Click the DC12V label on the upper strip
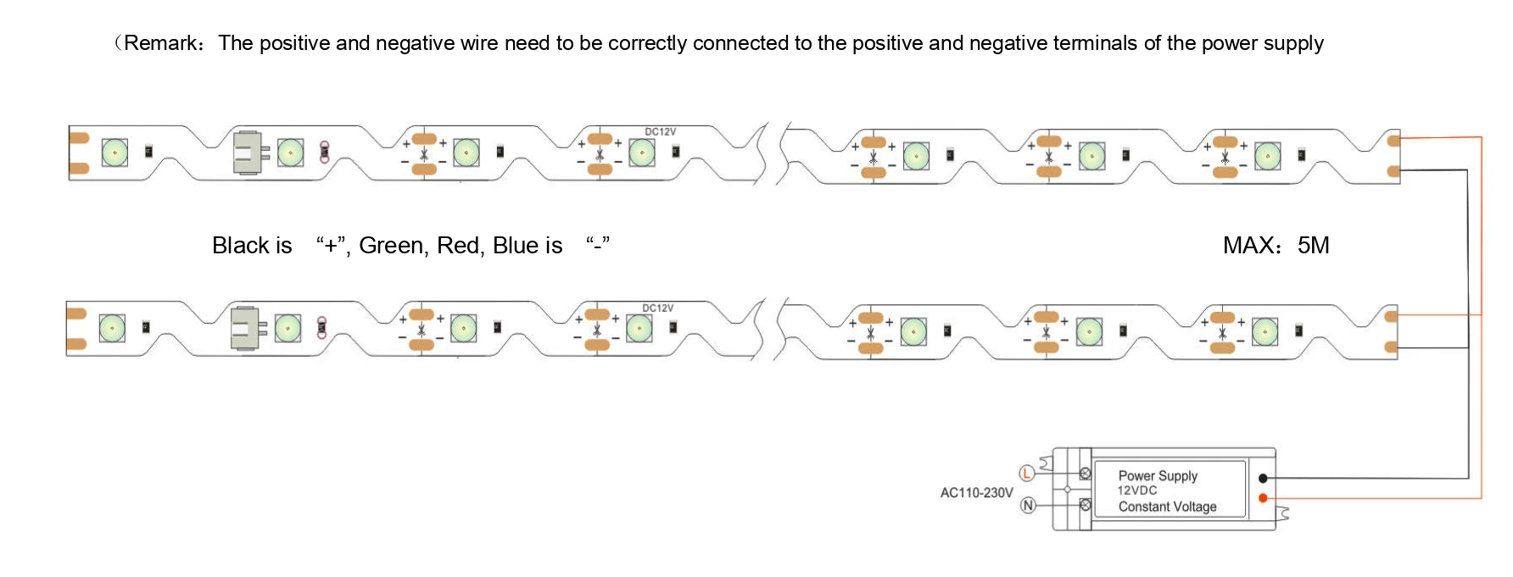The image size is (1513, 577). point(661,131)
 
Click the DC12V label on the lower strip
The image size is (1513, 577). point(658,308)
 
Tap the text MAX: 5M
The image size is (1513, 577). point(1276,246)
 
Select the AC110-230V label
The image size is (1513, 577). point(976,492)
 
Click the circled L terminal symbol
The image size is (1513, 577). point(1026,473)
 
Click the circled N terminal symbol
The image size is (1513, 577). point(1028,506)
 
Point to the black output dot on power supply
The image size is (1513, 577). point(1263,479)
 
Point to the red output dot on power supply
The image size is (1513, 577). point(1263,498)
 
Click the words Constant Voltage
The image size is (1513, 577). point(1167,507)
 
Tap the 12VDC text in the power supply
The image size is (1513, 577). point(1137,491)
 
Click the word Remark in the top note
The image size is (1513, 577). point(159,43)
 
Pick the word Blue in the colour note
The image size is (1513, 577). point(516,246)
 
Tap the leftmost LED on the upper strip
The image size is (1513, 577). point(114,153)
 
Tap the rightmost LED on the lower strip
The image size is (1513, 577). point(1265,331)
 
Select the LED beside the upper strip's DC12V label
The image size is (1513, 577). point(641,153)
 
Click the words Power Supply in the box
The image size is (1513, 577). point(1158,476)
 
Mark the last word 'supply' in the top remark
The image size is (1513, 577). point(1293,44)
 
